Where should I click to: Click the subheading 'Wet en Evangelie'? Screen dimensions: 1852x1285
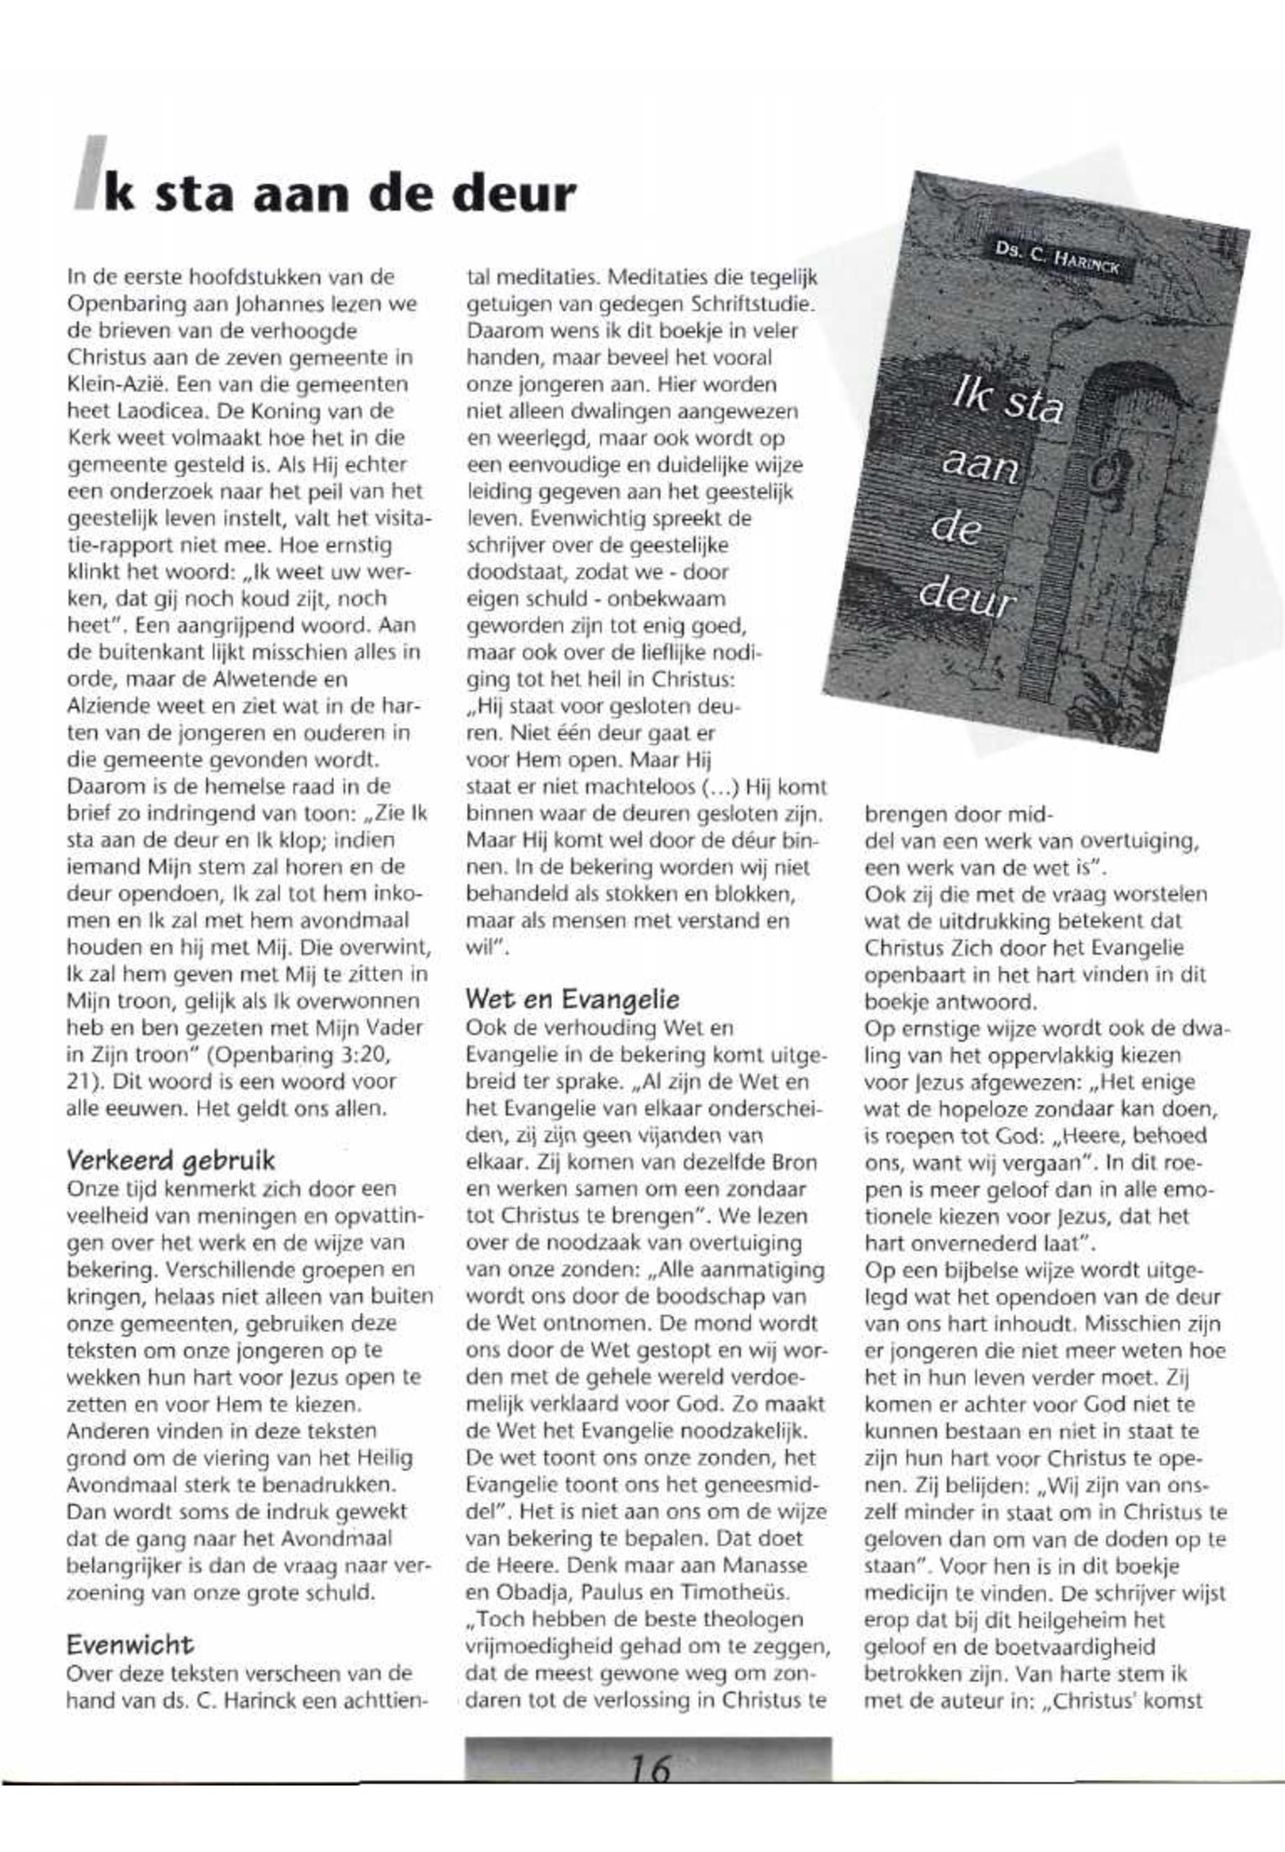click(x=573, y=999)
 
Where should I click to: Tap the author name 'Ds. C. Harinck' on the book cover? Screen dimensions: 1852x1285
click(x=1057, y=259)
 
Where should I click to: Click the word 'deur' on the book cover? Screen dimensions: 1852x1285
click(x=966, y=597)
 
